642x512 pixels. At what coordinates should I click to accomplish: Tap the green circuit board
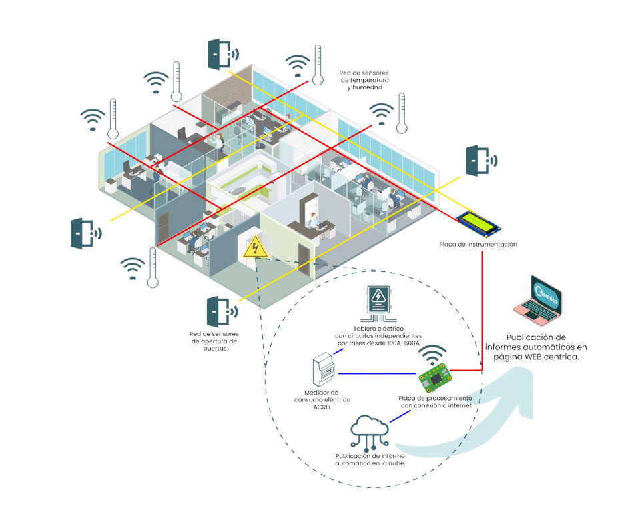(x=435, y=378)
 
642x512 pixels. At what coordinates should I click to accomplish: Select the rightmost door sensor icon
(x=479, y=161)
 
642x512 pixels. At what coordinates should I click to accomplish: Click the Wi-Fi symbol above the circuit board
(x=433, y=351)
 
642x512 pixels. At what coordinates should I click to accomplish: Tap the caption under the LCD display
(x=478, y=245)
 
